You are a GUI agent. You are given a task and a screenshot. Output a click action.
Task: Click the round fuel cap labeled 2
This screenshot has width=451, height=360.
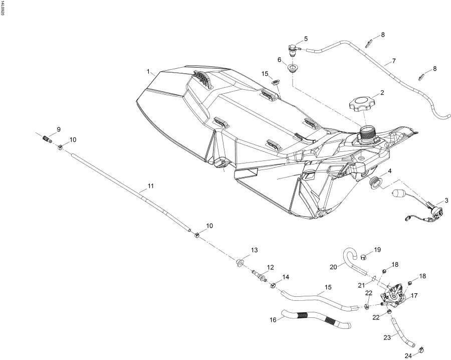pos(359,104)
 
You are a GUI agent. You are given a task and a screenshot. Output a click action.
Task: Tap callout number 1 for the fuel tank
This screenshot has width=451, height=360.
pos(149,72)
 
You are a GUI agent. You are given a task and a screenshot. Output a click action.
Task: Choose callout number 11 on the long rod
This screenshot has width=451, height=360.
pos(150,187)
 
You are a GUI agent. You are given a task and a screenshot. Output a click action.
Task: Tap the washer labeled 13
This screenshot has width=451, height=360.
pos(240,262)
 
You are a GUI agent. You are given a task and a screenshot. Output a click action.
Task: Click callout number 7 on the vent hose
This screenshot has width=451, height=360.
pos(394,61)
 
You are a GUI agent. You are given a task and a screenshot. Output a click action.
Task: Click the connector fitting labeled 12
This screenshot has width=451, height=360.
pos(260,275)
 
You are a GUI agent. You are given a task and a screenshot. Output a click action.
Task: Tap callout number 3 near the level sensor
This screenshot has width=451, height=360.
pos(446,201)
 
